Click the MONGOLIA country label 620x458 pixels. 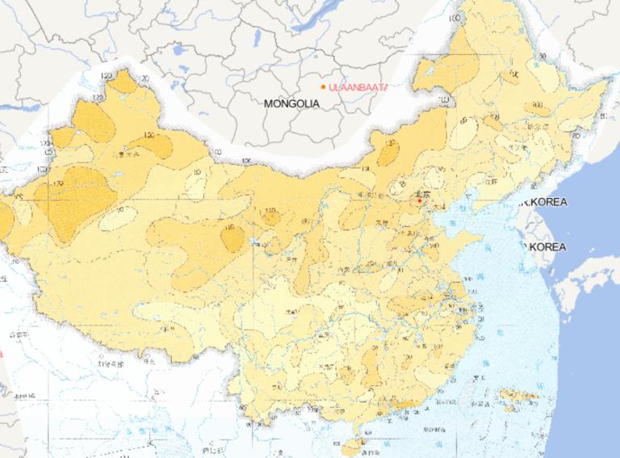click(x=291, y=104)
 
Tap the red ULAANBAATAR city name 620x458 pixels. click(x=359, y=86)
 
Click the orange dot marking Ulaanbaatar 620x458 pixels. click(x=323, y=86)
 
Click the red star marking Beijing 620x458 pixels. click(x=419, y=201)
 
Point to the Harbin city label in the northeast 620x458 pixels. click(x=533, y=126)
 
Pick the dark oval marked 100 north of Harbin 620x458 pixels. click(x=538, y=107)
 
